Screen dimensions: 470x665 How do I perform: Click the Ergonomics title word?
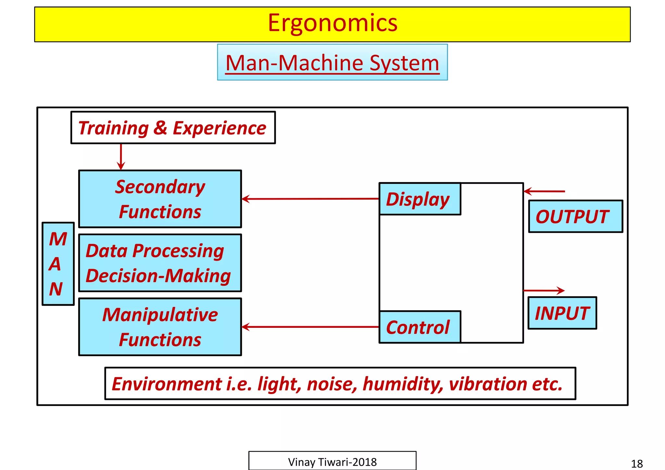[332, 23]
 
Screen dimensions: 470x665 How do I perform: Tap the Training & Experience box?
[173, 128]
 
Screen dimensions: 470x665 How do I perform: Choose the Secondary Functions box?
[160, 199]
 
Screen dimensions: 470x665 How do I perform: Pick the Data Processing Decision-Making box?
[160, 263]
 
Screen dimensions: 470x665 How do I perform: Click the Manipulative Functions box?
[160, 327]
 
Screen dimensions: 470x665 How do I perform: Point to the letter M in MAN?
[58, 239]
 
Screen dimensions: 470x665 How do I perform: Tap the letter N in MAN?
[56, 289]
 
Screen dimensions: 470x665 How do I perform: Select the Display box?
[419, 199]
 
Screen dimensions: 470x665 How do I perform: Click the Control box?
[419, 327]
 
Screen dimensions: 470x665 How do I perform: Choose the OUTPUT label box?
[575, 216]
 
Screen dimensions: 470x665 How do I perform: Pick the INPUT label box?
[562, 313]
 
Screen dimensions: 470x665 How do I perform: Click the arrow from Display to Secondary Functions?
[310, 199]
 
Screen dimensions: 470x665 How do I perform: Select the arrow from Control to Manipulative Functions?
[310, 327]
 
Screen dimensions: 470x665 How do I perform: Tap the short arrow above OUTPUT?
[544, 192]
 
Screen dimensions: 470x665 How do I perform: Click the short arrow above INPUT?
[544, 291]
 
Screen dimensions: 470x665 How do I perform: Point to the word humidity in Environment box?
[403, 384]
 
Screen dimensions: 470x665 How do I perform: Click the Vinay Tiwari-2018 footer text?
[332, 462]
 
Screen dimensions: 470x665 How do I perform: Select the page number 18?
[636, 464]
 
